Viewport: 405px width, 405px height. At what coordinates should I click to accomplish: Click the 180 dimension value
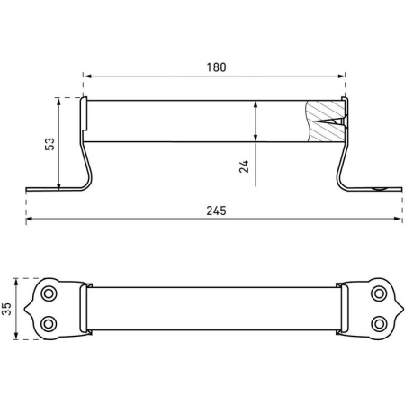[x=216, y=67]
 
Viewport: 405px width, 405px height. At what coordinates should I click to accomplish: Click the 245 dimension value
[x=216, y=211]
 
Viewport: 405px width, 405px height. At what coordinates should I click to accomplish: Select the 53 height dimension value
[x=49, y=144]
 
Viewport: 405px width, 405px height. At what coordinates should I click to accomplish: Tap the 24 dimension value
[x=244, y=166]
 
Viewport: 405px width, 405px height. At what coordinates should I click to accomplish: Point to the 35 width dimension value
[x=6, y=309]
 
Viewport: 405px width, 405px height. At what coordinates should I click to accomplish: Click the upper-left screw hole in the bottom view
[x=49, y=293]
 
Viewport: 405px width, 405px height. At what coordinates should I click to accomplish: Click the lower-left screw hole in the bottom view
[x=49, y=324]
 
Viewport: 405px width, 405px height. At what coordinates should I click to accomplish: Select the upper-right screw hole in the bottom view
[x=379, y=293]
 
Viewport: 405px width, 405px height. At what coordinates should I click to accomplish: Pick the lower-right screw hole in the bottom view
[x=379, y=324]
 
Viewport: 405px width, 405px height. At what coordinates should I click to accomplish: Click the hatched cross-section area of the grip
[x=326, y=121]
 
